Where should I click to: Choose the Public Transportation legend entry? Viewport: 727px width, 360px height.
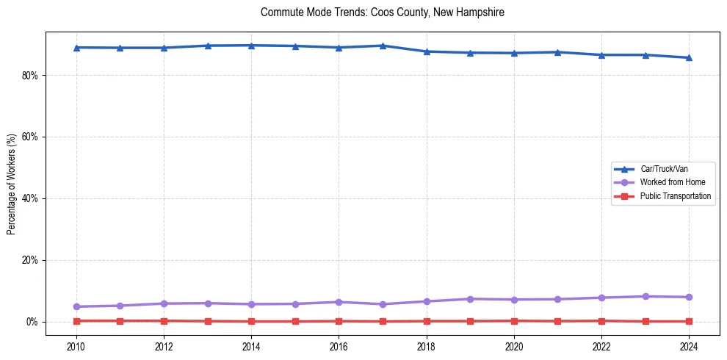[x=675, y=196]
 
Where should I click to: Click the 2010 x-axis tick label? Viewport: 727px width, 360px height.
[x=76, y=346]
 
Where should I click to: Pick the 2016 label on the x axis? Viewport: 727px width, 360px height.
[x=339, y=346]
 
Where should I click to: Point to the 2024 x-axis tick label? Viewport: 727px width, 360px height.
[x=690, y=346]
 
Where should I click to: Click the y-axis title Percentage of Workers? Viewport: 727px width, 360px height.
[x=12, y=184]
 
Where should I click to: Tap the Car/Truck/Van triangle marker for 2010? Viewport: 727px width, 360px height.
[x=76, y=48]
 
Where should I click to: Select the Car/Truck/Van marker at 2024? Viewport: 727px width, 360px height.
[x=690, y=57]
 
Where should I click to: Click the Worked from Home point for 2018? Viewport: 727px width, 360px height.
[x=427, y=301]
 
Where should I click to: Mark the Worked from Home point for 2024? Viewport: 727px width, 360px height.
[x=690, y=297]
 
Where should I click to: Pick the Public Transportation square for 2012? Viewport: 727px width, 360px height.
[x=164, y=320]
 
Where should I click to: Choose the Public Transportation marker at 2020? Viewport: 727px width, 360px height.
[x=514, y=320]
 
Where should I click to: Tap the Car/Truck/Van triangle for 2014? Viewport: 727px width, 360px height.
[x=251, y=46]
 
